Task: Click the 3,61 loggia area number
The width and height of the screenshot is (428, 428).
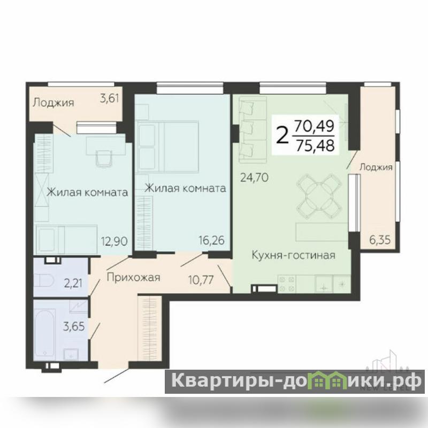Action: (110, 98)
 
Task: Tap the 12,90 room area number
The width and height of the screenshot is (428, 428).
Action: (114, 241)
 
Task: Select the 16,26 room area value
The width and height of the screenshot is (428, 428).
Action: (211, 240)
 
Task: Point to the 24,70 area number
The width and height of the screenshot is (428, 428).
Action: (254, 178)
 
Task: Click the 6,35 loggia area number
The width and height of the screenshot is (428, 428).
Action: (380, 240)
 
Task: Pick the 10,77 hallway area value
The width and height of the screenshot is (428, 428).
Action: (201, 279)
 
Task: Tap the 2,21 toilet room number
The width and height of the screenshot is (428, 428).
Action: (73, 283)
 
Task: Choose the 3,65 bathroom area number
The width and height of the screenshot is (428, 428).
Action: (74, 326)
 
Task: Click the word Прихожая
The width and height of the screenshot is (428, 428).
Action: (133, 278)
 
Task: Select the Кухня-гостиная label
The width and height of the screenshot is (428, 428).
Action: (293, 256)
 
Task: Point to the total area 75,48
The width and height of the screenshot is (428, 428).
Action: (315, 145)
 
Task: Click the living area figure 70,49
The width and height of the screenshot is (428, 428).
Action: (315, 126)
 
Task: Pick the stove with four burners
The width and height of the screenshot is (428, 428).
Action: (287, 284)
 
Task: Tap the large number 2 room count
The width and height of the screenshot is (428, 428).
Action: (282, 136)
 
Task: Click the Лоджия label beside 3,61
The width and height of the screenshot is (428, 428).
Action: (53, 103)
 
